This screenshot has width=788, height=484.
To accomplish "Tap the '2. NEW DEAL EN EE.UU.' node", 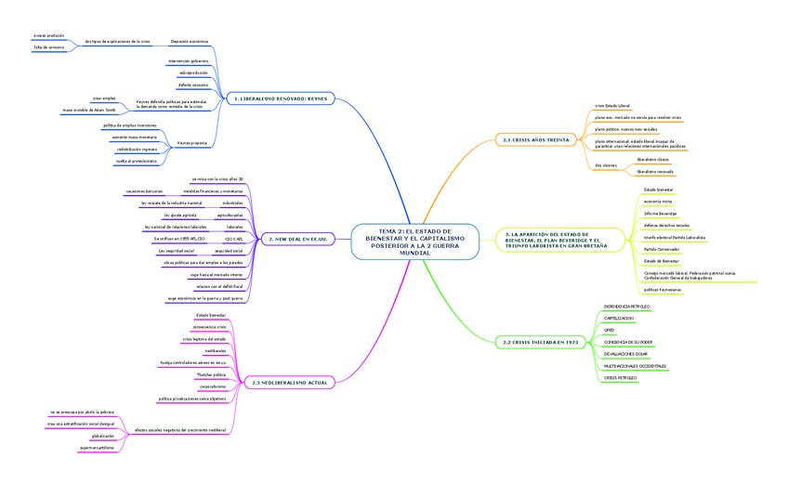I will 294,239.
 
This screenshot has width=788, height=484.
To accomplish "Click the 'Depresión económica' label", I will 190,42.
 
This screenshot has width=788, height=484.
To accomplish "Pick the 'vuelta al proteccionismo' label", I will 136,161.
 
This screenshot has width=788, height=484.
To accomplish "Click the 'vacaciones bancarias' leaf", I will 144,190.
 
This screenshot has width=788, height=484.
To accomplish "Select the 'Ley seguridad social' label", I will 176,251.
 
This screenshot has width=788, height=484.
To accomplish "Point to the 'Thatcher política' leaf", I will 212,374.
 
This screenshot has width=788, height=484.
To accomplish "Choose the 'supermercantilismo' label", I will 97,448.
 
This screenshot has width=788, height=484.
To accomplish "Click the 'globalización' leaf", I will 102,436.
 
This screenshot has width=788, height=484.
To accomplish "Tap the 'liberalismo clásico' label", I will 654,160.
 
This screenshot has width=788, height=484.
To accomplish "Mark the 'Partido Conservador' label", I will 663,249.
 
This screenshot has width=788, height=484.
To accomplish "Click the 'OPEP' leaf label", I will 610,330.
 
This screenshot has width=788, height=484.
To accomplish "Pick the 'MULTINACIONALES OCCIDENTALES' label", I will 635,366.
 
